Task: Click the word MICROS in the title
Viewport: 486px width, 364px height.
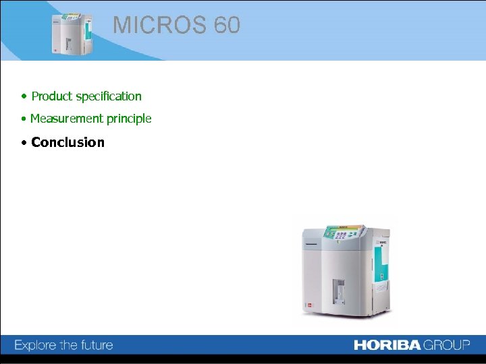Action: click(x=159, y=26)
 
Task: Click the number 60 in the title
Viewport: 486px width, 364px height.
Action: click(x=227, y=26)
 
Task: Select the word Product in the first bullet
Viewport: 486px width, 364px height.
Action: click(x=52, y=96)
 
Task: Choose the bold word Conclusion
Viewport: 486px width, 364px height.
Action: click(x=67, y=142)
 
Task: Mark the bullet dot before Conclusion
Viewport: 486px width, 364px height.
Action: click(x=24, y=142)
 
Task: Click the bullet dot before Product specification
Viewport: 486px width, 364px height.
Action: click(x=24, y=96)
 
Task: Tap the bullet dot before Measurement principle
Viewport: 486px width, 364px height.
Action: click(x=24, y=119)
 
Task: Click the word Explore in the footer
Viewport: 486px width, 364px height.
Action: click(x=35, y=345)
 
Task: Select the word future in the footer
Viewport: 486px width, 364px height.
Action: click(x=96, y=345)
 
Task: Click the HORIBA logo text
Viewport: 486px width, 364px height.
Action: click(x=387, y=345)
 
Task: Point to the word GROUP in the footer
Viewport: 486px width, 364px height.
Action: click(x=447, y=345)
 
